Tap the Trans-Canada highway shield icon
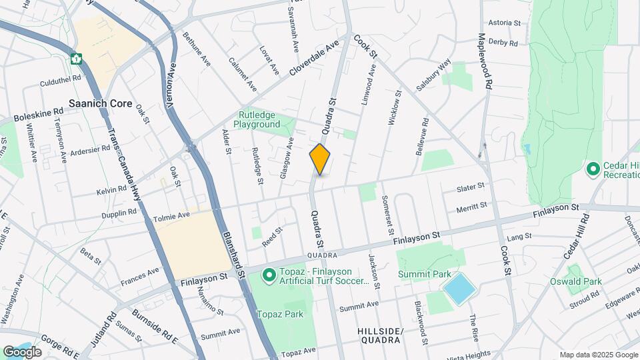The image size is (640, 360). (x=77, y=59)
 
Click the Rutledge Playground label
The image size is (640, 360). (x=257, y=119)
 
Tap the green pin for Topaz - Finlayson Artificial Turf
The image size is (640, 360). (x=269, y=275)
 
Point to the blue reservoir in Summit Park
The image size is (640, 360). (x=459, y=289)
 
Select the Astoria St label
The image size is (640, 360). (x=505, y=22)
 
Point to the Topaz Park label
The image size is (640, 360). (x=281, y=314)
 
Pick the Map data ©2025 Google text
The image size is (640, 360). (x=598, y=355)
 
